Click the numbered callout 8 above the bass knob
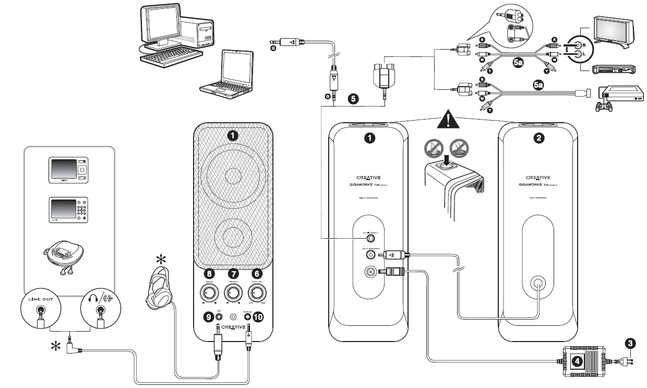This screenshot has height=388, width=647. coord(209,273)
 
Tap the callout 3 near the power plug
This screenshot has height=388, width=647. coord(631,343)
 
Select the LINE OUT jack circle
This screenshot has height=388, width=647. coord(40,312)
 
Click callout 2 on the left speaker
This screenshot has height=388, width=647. coord(538,138)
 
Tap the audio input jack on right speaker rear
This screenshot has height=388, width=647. coord(370,238)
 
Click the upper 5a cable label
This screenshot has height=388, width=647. coord(518,63)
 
